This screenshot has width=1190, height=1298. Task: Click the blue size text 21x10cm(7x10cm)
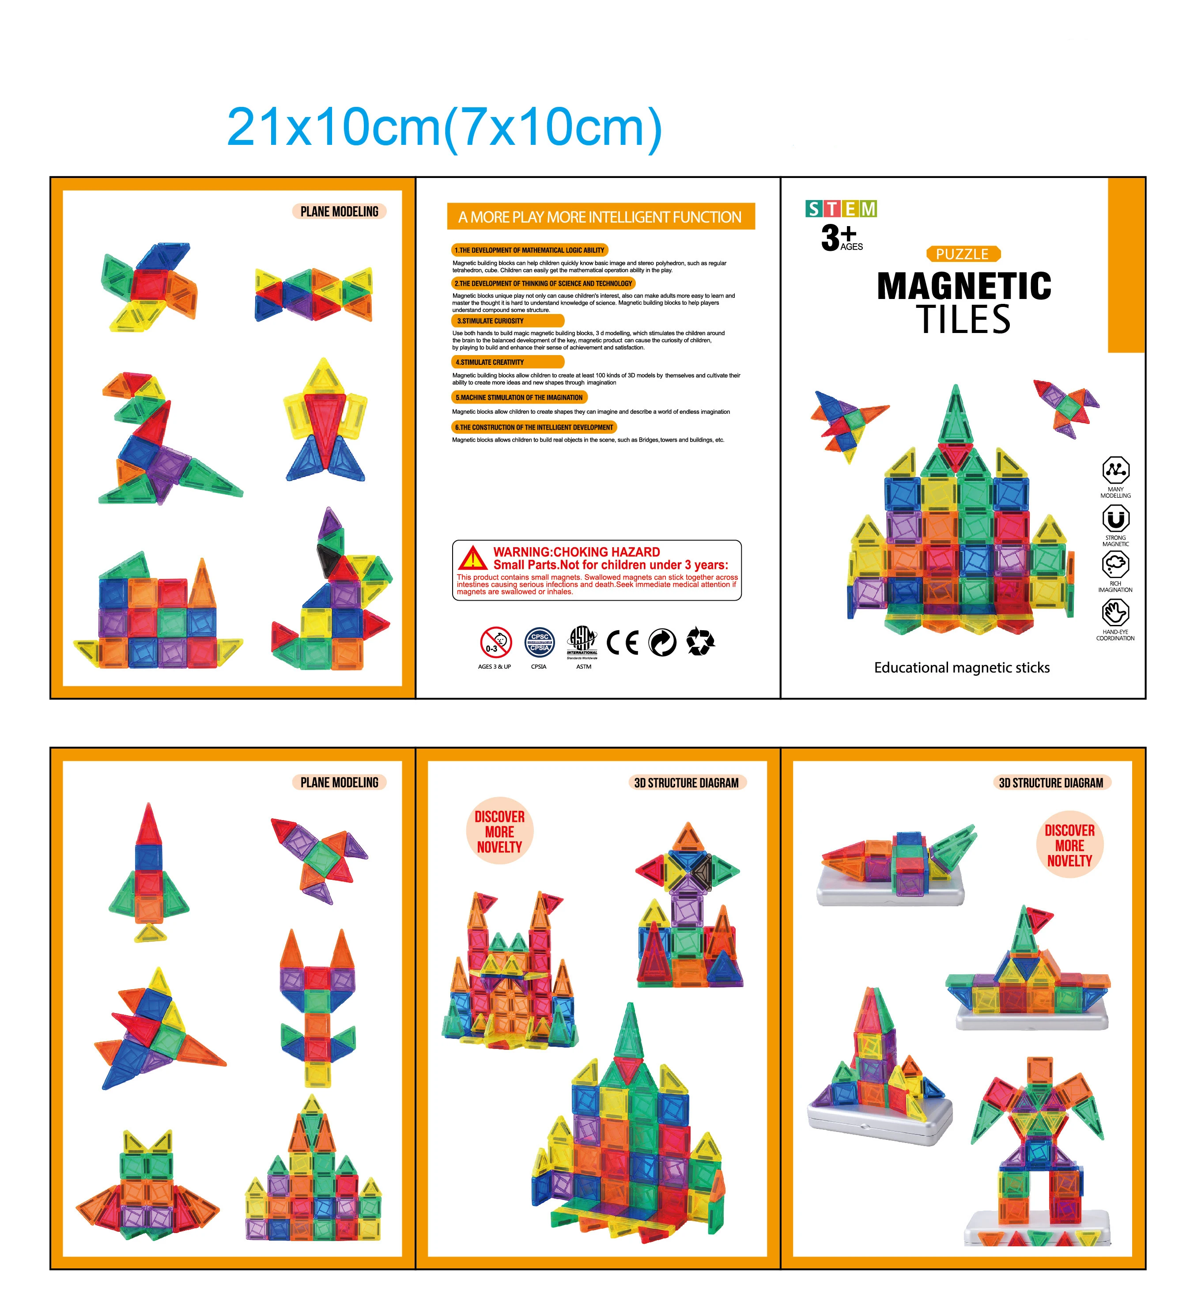444,128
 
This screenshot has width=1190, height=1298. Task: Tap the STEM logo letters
841,209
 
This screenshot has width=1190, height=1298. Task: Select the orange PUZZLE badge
962,254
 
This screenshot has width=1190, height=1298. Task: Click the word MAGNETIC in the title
964,287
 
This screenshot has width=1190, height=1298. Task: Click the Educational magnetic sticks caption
961,667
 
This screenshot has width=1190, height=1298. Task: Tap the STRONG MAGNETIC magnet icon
1115,518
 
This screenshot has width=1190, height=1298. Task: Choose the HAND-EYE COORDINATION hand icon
1115,612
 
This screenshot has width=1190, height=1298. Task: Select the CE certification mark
622,642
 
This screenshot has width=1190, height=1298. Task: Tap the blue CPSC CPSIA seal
539,642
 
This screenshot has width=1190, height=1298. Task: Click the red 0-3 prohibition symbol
495,642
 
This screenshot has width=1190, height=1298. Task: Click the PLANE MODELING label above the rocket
340,783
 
